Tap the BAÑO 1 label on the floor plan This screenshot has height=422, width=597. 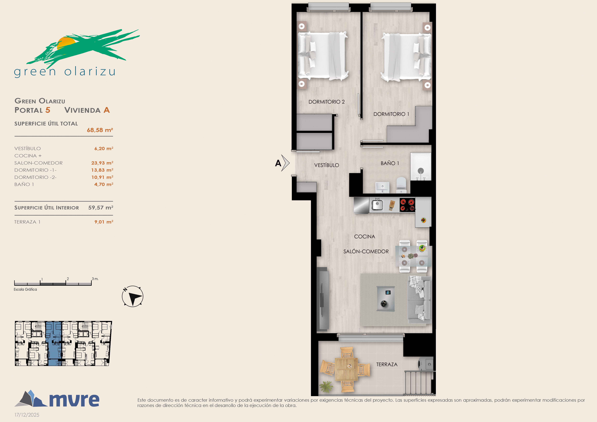[x=390, y=163]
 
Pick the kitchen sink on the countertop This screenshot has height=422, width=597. [x=377, y=205]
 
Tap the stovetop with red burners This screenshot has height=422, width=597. [x=407, y=205]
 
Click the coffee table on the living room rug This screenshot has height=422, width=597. [x=386, y=299]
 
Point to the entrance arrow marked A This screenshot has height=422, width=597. [x=282, y=163]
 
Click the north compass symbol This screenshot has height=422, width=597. [x=133, y=296]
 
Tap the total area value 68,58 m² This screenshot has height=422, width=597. [x=100, y=130]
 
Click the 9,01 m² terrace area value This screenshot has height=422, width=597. [x=104, y=222]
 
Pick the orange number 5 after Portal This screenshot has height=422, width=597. [x=48, y=110]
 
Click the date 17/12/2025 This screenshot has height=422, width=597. [x=27, y=415]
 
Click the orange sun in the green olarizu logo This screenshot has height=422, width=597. [x=66, y=43]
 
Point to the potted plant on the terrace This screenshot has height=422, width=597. [x=326, y=386]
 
